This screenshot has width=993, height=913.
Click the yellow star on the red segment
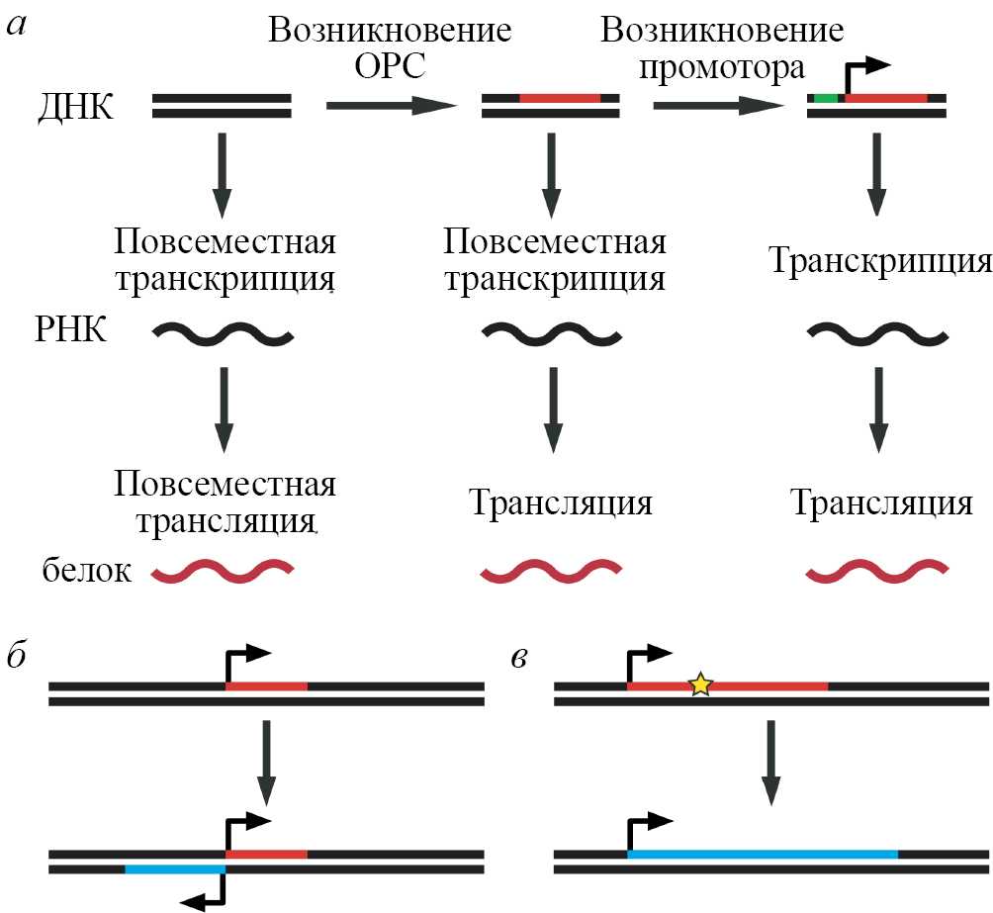(x=699, y=685)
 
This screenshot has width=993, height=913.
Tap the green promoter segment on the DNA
(x=825, y=98)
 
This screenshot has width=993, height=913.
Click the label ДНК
(x=74, y=106)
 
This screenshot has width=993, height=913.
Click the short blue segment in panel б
(x=175, y=868)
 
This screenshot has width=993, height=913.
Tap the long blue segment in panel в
(x=763, y=853)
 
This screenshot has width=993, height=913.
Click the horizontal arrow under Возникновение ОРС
(x=390, y=106)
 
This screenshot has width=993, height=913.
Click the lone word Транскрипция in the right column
(x=879, y=263)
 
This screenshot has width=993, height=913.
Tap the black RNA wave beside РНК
(x=223, y=334)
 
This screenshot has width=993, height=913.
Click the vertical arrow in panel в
(x=771, y=762)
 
